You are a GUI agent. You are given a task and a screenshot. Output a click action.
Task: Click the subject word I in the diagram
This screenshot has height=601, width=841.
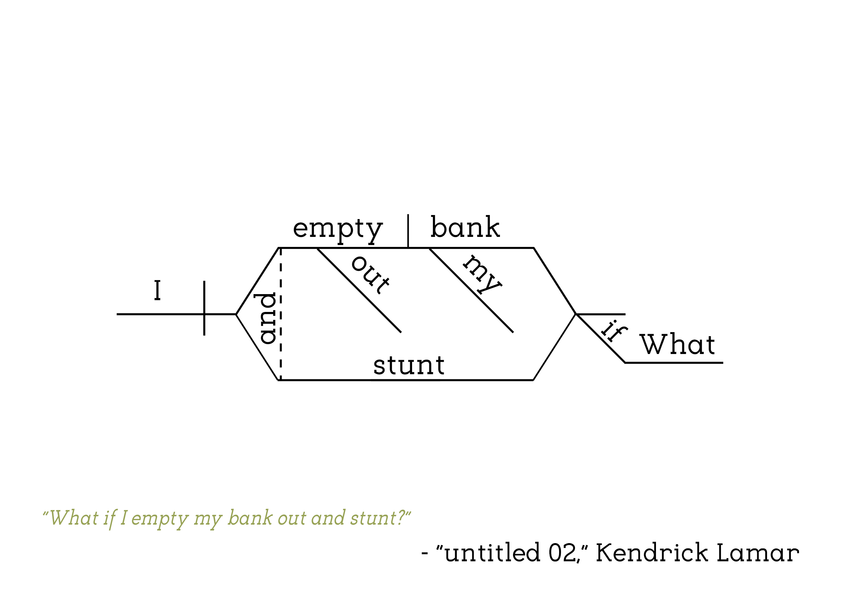point(157,290)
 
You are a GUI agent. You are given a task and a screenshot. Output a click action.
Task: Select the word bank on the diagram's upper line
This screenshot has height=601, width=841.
point(465,227)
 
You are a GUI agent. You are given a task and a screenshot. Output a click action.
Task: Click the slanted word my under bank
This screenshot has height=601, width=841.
point(482,274)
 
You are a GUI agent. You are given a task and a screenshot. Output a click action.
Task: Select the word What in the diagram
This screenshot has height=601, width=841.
point(677,345)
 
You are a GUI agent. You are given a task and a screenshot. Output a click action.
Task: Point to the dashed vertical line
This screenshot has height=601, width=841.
point(281,315)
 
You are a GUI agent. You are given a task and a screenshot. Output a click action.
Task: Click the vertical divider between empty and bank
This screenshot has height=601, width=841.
point(408,231)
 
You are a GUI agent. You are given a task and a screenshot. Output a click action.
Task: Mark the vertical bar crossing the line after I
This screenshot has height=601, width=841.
point(204,308)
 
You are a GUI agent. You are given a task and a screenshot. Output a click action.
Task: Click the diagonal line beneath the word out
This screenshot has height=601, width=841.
point(359,290)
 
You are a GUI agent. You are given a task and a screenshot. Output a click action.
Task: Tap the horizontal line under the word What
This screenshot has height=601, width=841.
point(674,363)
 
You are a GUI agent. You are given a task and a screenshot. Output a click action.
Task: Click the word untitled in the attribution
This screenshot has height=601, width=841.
point(492,553)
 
